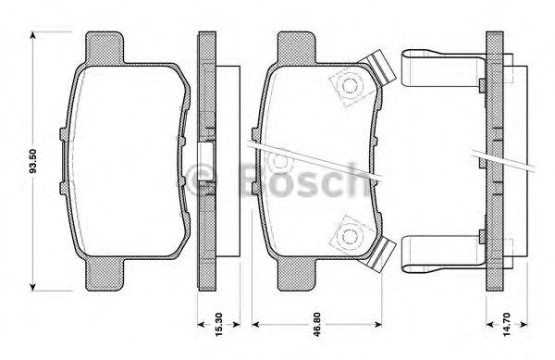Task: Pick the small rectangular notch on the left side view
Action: [x=208, y=153]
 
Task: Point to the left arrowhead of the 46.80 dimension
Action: [x=256, y=326]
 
